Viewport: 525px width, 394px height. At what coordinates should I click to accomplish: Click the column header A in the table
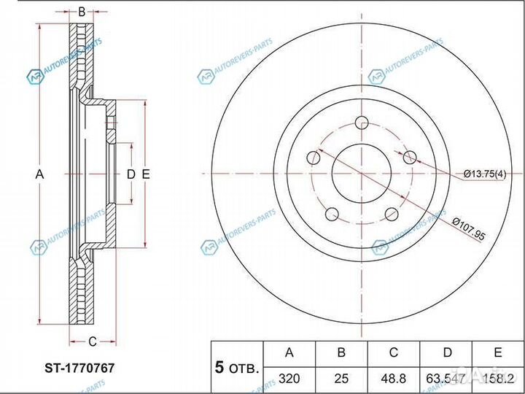click(x=289, y=353)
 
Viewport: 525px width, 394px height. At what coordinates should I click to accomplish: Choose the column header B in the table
click(x=341, y=353)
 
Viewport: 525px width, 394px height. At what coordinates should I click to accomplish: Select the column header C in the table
click(x=393, y=353)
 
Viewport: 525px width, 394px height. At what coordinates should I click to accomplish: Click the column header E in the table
click(x=497, y=353)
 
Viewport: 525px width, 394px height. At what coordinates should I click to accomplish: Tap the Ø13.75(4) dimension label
click(x=485, y=174)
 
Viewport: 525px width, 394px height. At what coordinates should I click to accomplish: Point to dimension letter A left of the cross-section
click(x=40, y=174)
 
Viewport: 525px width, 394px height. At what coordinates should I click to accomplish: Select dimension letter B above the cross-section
click(x=82, y=12)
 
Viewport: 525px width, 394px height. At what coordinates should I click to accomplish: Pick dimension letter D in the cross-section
click(x=131, y=174)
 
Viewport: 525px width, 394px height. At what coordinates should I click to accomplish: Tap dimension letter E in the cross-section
click(x=146, y=174)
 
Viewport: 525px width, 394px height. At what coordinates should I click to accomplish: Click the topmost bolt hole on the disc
click(x=362, y=123)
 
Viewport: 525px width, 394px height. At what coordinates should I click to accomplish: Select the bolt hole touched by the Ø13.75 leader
click(x=410, y=157)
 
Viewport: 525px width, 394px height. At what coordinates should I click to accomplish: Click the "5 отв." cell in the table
click(x=236, y=368)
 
